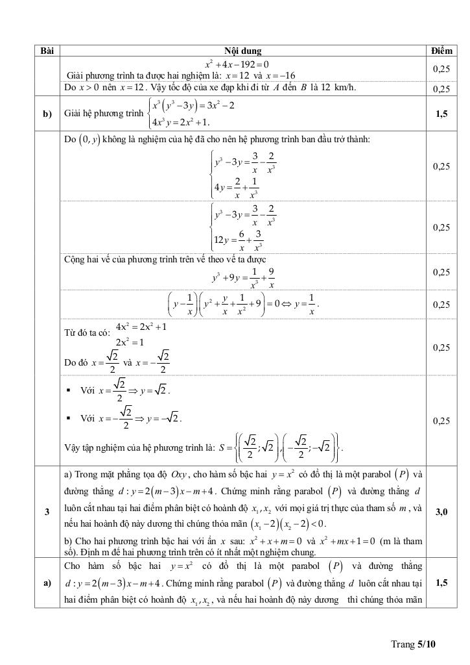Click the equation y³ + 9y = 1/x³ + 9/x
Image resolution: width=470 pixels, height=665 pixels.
244,277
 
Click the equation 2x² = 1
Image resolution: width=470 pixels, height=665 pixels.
130,342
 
